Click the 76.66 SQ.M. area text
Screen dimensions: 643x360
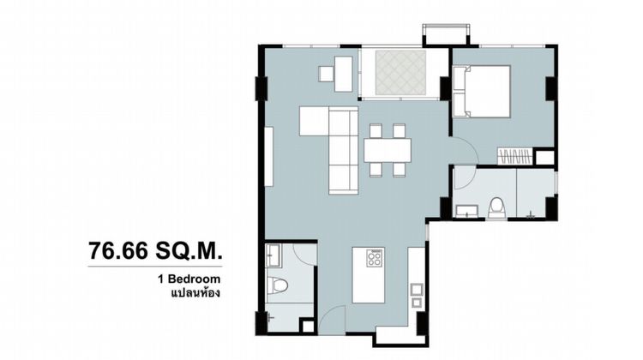coord(155,250)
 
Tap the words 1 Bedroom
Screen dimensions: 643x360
coord(189,279)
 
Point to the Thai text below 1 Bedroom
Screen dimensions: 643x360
coord(195,293)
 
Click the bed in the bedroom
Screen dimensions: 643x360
coord(482,92)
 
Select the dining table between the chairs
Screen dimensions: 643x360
coord(388,150)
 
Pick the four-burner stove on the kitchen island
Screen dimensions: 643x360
coord(375,258)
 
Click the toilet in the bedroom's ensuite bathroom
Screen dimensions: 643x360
coord(496,207)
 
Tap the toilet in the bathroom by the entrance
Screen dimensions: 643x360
coord(278,285)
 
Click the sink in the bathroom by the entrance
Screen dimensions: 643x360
coord(273,255)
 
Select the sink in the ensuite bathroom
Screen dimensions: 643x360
coord(466,211)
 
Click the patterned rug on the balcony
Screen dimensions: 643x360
coord(400,71)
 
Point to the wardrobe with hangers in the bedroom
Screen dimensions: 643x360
coord(515,156)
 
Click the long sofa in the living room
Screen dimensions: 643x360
coord(344,150)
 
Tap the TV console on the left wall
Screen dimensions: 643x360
coord(268,157)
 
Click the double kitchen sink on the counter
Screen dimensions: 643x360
coord(417,295)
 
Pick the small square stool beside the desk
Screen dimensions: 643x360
coord(327,74)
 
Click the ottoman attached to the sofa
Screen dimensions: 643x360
coord(314,121)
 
